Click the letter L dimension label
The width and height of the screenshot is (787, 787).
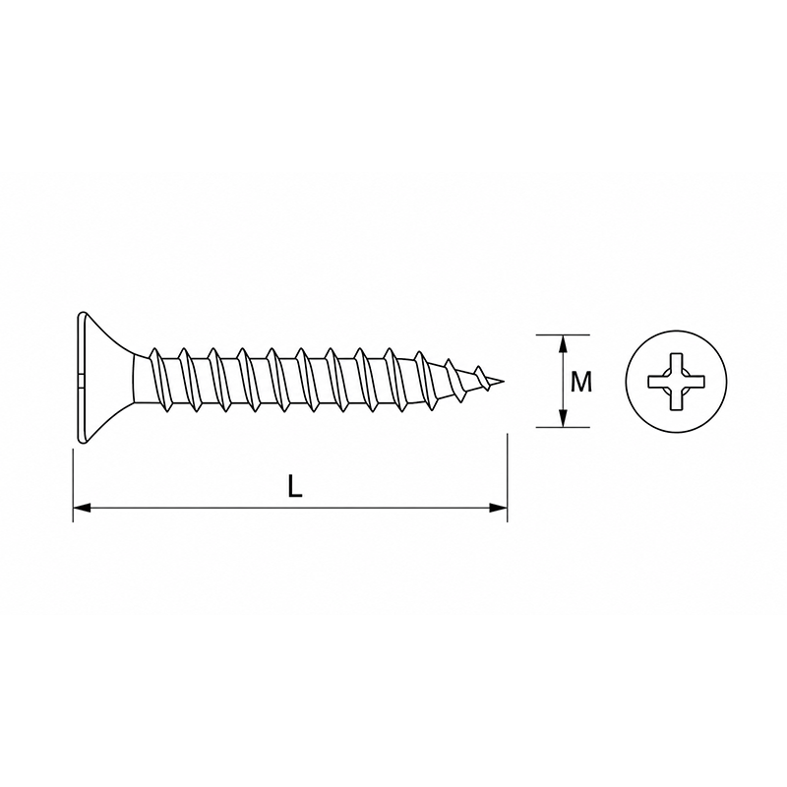295,486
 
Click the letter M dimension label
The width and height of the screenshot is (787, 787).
581,382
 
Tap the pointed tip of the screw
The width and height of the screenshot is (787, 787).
504,381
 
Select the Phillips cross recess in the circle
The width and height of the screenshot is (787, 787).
676,381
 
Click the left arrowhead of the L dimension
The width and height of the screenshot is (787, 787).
82,508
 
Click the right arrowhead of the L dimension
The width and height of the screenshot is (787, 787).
499,508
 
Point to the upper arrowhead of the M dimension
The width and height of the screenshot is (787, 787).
563,343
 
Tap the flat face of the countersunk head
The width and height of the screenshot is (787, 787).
80,378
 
